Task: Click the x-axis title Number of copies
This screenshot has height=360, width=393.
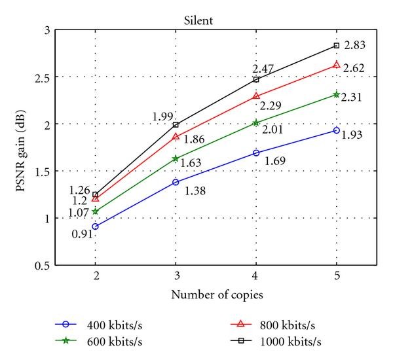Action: [217, 295]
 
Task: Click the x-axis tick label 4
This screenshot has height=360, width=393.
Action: [255, 276]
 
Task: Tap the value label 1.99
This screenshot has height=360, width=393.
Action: [162, 117]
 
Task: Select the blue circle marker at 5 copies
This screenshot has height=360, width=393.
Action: [336, 130]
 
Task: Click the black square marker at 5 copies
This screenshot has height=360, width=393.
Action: [336, 45]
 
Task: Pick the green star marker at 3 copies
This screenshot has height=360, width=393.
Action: [176, 158]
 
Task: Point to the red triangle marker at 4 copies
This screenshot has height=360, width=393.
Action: [255, 96]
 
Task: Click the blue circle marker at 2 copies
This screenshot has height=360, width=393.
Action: [96, 226]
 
